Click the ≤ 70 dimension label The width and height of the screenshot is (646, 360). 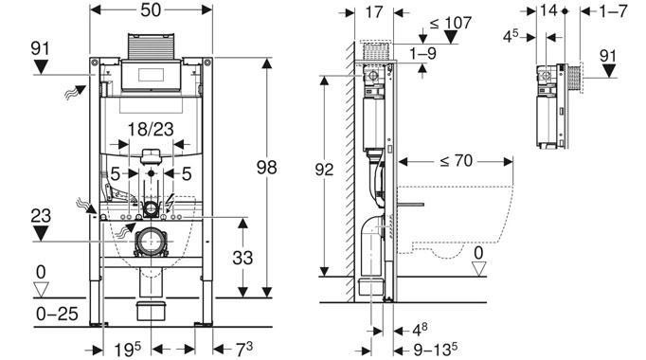coord(454,161)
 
